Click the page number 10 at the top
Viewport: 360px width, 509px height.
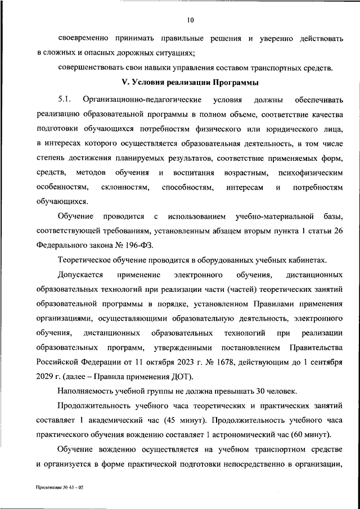coord(191,21)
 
